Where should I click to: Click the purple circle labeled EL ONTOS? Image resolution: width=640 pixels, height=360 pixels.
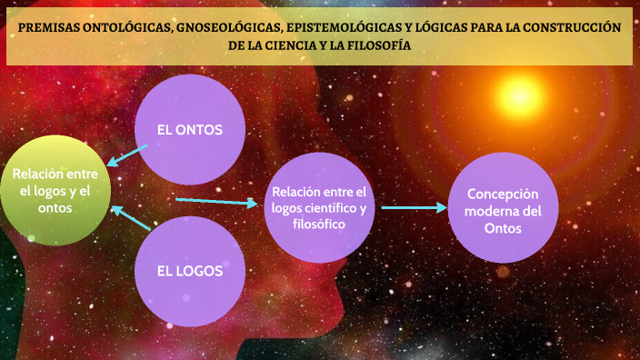pyautogui.click(x=189, y=129)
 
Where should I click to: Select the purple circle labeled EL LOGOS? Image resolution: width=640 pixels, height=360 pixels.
pyautogui.click(x=189, y=270)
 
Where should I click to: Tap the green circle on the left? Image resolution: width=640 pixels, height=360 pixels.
pyautogui.click(x=55, y=190)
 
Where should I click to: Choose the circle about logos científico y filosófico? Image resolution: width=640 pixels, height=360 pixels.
pyautogui.click(x=319, y=208)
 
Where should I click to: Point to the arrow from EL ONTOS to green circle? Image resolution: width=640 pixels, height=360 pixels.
pyautogui.click(x=126, y=155)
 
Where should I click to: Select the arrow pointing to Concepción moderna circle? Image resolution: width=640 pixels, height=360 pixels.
pyautogui.click(x=414, y=207)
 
